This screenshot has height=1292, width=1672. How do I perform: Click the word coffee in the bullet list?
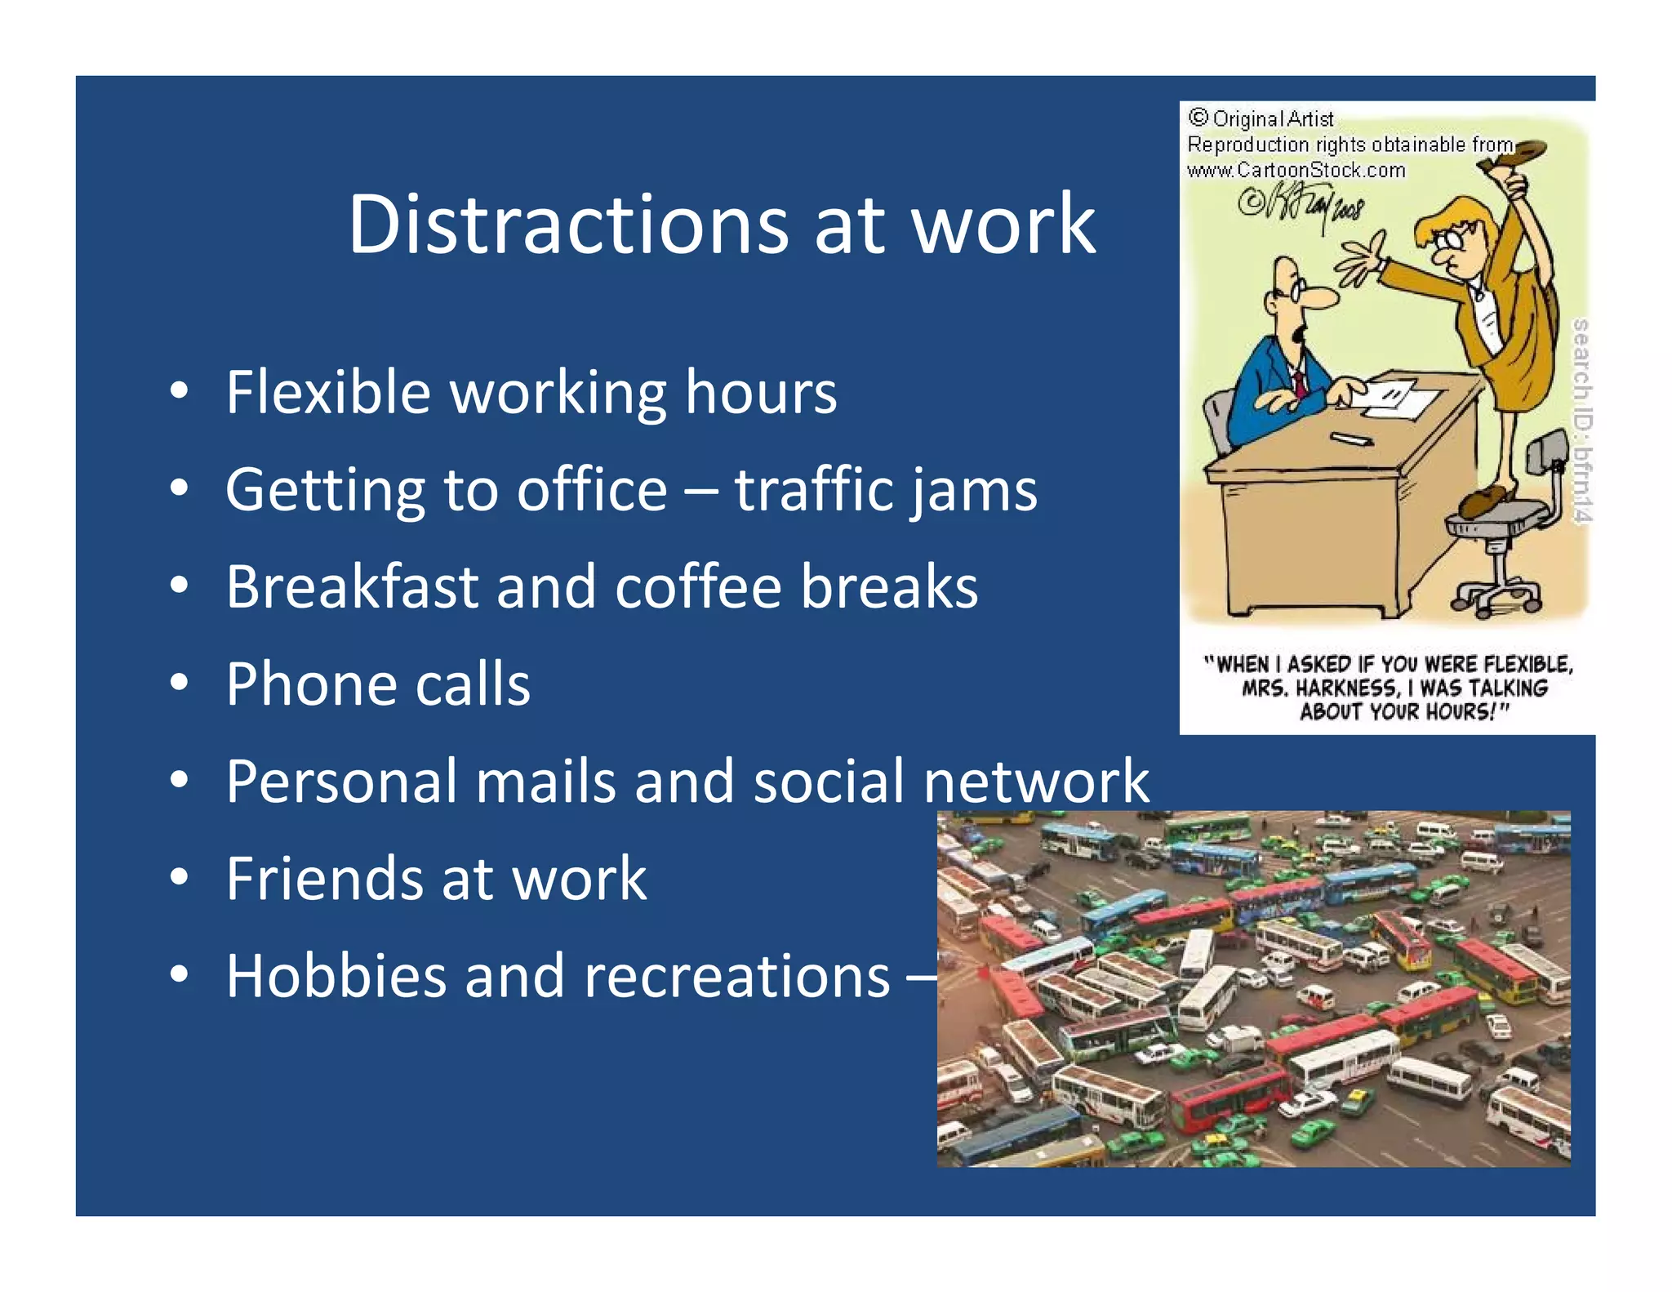click(699, 587)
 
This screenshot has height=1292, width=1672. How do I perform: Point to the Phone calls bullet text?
click(378, 684)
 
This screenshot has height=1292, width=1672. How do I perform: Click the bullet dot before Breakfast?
click(180, 586)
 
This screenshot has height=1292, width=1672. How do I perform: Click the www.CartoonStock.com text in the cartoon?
click(1296, 170)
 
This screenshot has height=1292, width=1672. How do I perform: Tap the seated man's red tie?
click(1298, 384)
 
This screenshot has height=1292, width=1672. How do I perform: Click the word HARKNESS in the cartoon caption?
click(1346, 688)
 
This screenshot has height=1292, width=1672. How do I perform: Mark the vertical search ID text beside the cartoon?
click(1581, 421)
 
